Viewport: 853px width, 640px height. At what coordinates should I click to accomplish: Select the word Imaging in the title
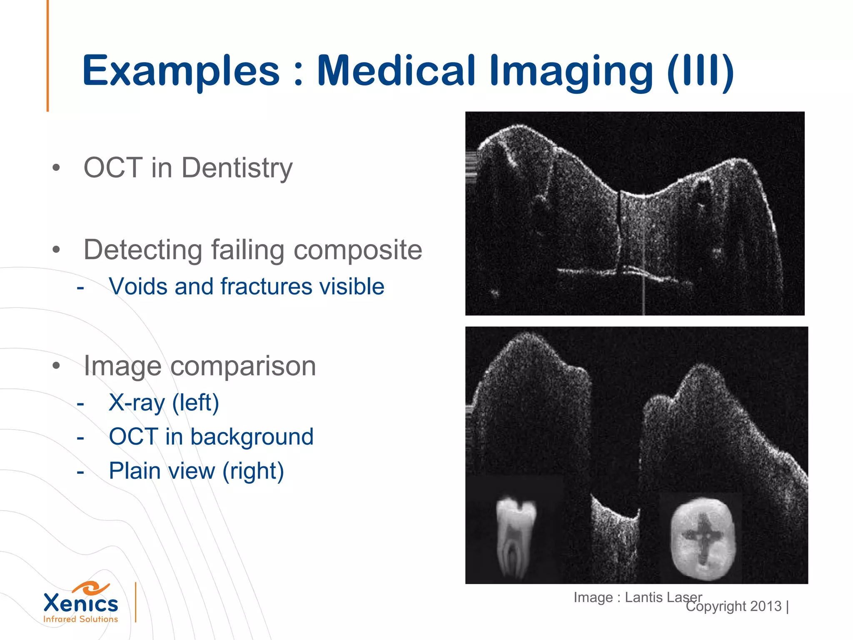571,71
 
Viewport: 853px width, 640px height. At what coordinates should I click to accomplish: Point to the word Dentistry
237,168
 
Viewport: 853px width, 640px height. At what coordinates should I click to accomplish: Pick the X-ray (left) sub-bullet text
164,402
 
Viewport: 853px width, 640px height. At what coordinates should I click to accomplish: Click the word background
252,437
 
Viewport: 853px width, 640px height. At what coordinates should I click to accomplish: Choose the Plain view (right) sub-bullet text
196,471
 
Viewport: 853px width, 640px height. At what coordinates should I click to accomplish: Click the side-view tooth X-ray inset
516,537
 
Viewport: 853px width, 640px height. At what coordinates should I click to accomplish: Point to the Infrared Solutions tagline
81,619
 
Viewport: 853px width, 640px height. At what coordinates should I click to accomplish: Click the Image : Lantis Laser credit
637,597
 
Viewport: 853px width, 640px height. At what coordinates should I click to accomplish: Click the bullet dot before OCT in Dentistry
56,168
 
